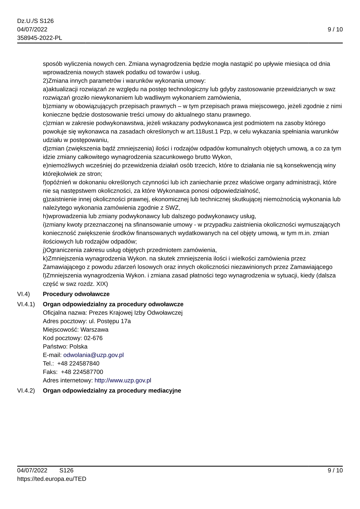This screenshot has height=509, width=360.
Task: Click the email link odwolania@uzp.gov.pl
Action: [x=93, y=355]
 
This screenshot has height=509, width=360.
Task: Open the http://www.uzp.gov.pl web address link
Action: [x=123, y=380]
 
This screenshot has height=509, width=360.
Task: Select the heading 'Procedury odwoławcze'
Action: [x=76, y=294]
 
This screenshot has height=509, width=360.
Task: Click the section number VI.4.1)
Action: [x=26, y=304]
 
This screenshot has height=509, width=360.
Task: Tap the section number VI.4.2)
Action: [x=26, y=391]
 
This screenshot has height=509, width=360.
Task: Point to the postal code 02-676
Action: [x=93, y=338]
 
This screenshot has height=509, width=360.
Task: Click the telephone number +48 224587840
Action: [x=78, y=363]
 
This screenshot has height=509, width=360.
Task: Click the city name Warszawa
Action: [x=94, y=329]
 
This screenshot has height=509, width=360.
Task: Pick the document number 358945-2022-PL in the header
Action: [x=40, y=38]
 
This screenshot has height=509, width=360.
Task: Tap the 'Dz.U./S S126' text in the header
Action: [x=35, y=21]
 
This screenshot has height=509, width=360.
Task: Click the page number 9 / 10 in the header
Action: [x=335, y=29]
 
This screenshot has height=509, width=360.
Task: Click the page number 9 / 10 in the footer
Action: [x=335, y=470]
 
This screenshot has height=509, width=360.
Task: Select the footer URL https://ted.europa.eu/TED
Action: [x=52, y=479]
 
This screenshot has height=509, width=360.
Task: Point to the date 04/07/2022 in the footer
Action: [x=32, y=470]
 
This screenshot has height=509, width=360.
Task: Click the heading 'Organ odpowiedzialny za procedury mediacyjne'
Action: [x=112, y=391]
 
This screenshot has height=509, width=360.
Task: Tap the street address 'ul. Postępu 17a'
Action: [x=110, y=321]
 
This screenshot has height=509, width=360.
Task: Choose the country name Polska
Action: [x=78, y=346]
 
